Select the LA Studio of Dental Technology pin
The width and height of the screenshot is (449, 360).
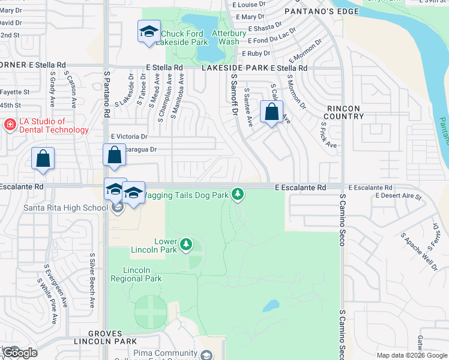click(x=10, y=125)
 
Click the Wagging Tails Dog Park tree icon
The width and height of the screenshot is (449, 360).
click(x=238, y=194)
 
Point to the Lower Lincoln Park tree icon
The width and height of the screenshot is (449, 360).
click(x=186, y=244)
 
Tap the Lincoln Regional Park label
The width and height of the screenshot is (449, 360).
click(x=136, y=275)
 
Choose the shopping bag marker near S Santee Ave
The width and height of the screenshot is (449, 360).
click(x=272, y=112)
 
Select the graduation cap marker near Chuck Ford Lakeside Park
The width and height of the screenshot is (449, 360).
click(x=148, y=32)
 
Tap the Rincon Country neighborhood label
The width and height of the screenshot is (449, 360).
click(x=343, y=112)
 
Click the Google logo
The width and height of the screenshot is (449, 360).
click(x=19, y=353)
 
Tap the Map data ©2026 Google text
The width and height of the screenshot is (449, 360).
click(x=411, y=355)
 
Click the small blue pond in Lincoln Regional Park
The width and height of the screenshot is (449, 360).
click(x=271, y=305)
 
